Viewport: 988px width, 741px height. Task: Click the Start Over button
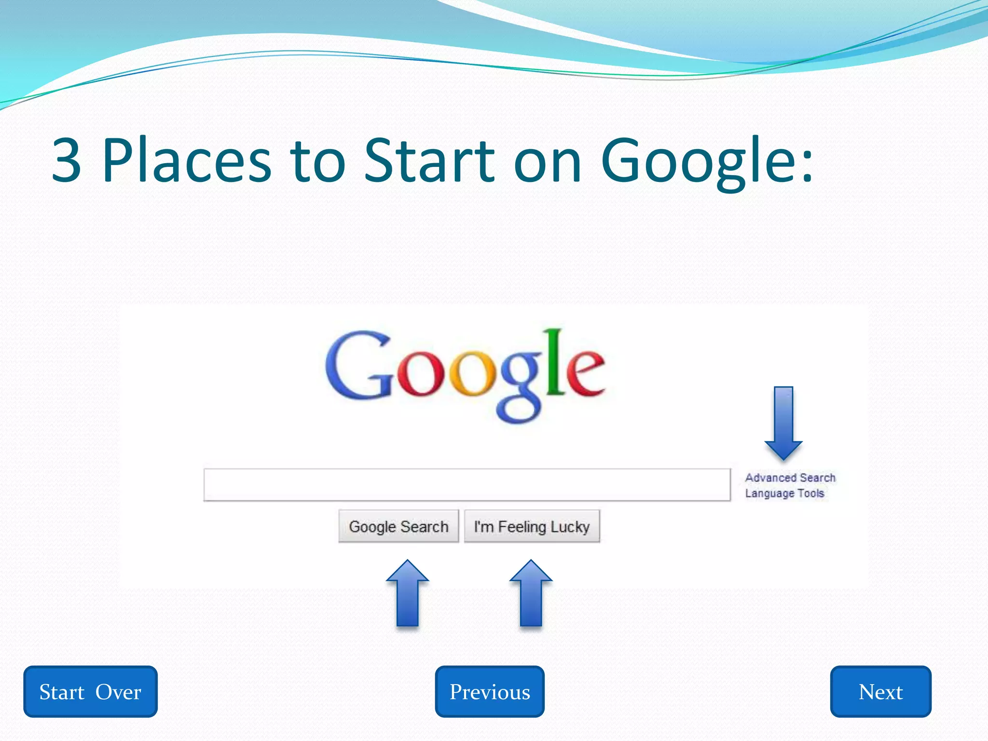(90, 691)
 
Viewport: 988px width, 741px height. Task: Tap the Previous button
(490, 691)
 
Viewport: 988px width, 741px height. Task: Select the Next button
(880, 691)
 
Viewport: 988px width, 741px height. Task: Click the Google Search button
(398, 526)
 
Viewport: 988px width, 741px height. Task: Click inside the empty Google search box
(467, 485)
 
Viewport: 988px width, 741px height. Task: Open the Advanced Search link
(790, 478)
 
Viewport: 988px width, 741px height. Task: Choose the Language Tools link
(784, 493)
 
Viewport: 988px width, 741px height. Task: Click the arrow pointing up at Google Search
(408, 593)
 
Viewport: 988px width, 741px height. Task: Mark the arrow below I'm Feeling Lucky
(531, 593)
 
